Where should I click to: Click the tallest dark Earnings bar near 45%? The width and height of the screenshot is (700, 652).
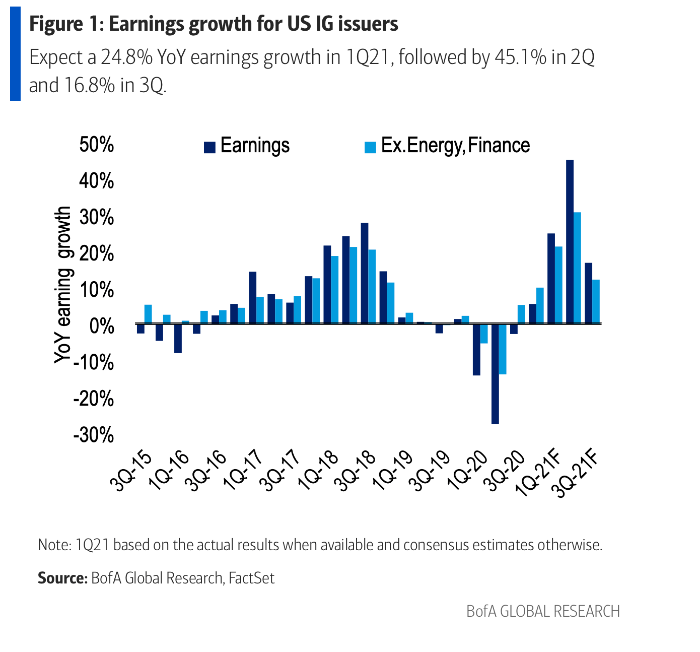point(570,242)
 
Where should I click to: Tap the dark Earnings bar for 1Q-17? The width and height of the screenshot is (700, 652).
point(252,297)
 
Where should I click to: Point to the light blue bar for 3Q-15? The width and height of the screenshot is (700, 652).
point(148,314)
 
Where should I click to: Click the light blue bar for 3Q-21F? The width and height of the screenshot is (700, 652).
point(596,301)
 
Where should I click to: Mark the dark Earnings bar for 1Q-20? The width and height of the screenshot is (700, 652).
point(476,350)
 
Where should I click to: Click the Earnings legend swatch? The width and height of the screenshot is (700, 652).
point(209,147)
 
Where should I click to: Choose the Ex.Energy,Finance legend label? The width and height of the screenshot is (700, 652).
point(455,146)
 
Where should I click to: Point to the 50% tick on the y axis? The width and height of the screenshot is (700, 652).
point(97,145)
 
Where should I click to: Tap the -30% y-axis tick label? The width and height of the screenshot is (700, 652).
point(94,435)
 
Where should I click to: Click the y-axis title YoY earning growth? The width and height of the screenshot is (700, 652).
point(63,285)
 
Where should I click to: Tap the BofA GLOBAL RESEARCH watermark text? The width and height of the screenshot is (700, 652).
point(543,612)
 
